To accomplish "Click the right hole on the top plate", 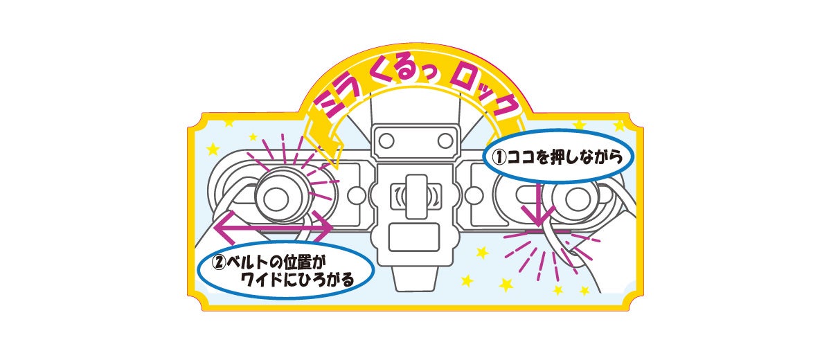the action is (443, 141).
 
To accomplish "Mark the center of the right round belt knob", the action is (573, 199).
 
